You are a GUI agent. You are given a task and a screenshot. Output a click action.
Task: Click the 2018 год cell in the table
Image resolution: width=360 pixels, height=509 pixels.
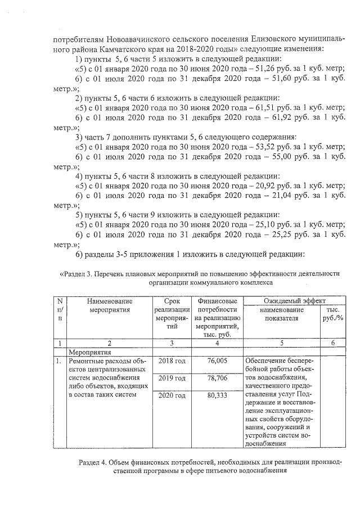[172, 361]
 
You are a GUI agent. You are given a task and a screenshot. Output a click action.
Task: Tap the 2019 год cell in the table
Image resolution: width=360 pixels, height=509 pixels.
[172, 379]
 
